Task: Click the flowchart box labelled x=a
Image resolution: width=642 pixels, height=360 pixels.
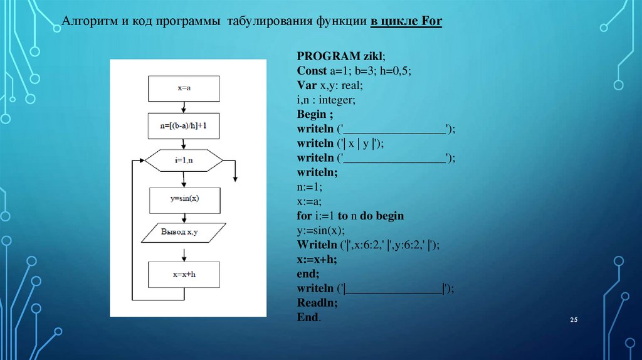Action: pos(184,88)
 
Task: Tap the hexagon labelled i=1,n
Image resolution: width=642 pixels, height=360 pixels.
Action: pos(184,161)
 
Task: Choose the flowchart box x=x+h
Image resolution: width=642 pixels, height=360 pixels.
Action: pos(184,274)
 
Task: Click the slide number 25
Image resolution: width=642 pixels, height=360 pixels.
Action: pos(573,320)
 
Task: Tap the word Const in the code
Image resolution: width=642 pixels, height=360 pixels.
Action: pos(312,70)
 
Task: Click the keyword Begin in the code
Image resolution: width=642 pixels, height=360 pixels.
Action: pos(311,114)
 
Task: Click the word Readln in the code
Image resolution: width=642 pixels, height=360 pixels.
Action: pos(317,303)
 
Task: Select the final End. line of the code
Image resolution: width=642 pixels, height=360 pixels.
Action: pos(309,317)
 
